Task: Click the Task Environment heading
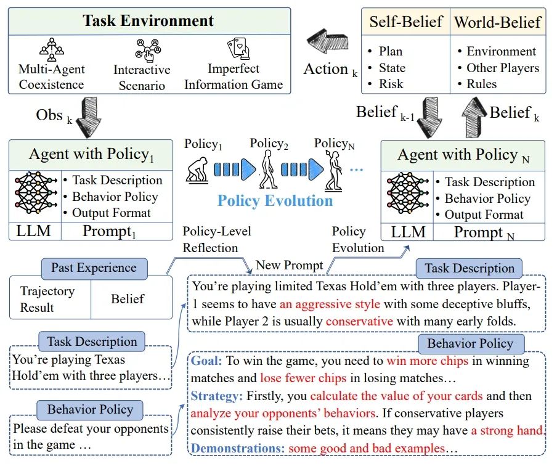point(148,20)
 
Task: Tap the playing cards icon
point(238,49)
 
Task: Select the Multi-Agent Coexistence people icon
point(52,49)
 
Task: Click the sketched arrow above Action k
point(328,41)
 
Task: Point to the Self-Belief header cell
point(405,22)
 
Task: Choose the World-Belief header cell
point(498,22)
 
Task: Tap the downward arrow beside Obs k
point(89,117)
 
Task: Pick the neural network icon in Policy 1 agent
point(36,192)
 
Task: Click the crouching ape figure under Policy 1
point(197,170)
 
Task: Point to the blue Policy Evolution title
point(275,201)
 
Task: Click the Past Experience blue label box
point(94,268)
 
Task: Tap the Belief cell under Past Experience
point(128,298)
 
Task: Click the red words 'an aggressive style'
point(330,305)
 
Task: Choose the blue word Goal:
point(206,361)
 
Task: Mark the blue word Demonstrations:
point(238,448)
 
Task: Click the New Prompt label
point(290,265)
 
